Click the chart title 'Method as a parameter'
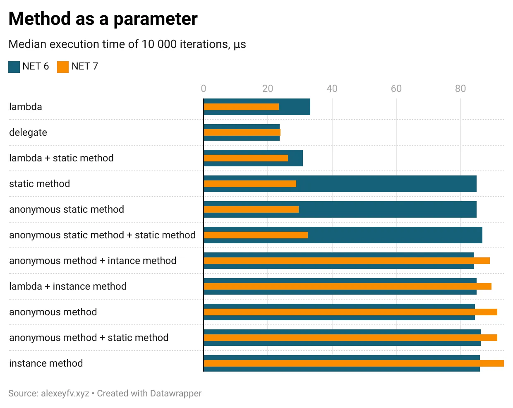[x=103, y=19]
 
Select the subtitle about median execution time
[x=127, y=44]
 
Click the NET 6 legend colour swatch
[x=14, y=67]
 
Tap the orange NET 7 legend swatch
[x=63, y=67]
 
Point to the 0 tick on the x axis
[x=203, y=89]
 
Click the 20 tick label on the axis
[x=268, y=89]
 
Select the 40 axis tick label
[x=332, y=89]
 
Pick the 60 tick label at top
[x=396, y=89]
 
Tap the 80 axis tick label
[x=460, y=89]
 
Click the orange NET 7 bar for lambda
[x=241, y=107]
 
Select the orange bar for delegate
[x=242, y=132]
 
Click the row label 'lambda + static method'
[x=61, y=158]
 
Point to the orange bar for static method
[x=250, y=184]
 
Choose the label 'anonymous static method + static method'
[x=102, y=235]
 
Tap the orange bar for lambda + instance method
[x=348, y=286]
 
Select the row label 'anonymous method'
[x=53, y=312]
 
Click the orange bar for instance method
[x=354, y=363]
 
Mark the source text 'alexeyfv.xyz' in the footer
[x=65, y=394]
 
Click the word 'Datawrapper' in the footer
[x=175, y=394]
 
